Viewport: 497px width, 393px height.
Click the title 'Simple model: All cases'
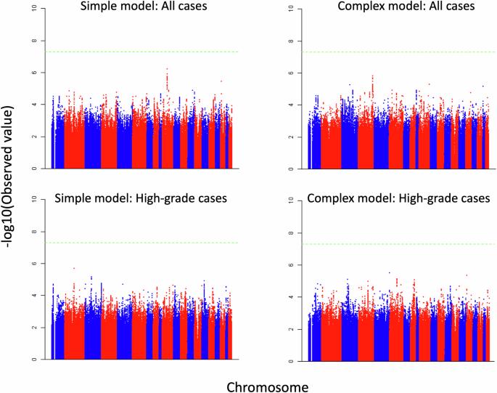pos(144,7)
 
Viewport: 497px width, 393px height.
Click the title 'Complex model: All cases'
pos(406,7)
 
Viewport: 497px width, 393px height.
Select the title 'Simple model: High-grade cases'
pos(141,198)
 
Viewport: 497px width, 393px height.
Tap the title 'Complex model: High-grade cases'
pos(399,198)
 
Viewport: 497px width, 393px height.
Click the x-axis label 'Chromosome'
pos(268,387)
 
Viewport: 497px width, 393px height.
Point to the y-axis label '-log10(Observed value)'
pos(7,177)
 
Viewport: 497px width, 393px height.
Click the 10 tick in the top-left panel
pos(34,9)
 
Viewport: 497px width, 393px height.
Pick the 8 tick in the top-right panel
pos(291,41)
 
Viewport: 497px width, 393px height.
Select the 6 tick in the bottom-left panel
pos(34,264)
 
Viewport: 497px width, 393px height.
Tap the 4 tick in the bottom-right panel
pos(291,297)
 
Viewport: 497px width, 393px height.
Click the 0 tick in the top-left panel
pos(34,169)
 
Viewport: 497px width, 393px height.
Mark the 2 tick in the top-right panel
pos(291,137)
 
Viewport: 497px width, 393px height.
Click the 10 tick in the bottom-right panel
pos(291,200)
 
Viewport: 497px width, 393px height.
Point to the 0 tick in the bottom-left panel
pos(34,360)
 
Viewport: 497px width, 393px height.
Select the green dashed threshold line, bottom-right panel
pos(399,244)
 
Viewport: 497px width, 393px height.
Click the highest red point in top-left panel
pos(167,68)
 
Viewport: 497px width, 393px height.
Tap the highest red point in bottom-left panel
pos(74,268)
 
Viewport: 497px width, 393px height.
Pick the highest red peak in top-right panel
pos(373,76)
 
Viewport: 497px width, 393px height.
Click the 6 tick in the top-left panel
pos(34,73)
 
